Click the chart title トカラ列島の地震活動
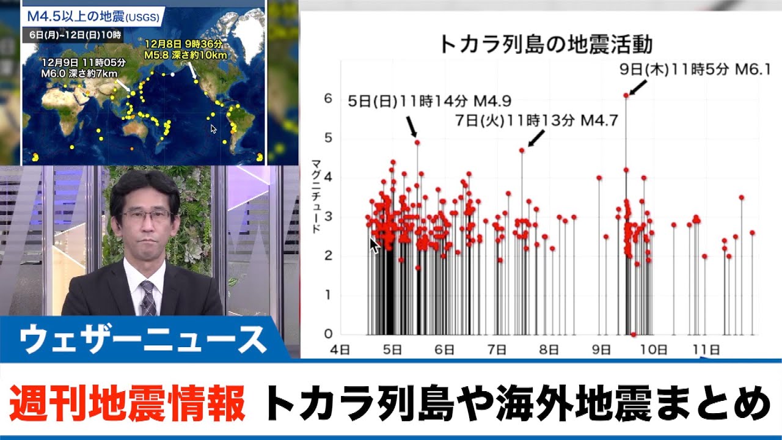pyautogui.click(x=546, y=45)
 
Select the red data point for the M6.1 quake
pyautogui.click(x=626, y=95)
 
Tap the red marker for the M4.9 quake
pyautogui.click(x=417, y=142)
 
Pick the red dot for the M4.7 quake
pyautogui.click(x=522, y=150)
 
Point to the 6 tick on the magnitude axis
pyautogui.click(x=328, y=98)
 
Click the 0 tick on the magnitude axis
pyautogui.click(x=328, y=334)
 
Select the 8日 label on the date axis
pyautogui.click(x=549, y=350)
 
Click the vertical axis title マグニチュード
pyautogui.click(x=316, y=196)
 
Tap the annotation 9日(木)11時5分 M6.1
pyautogui.click(x=695, y=70)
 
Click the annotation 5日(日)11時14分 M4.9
pyautogui.click(x=429, y=101)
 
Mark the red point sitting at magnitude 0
pyautogui.click(x=634, y=334)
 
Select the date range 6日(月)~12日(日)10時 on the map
pyautogui.click(x=75, y=35)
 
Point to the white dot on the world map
pyautogui.click(x=172, y=75)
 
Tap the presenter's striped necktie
pyautogui.click(x=148, y=298)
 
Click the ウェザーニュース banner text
pyautogui.click(x=143, y=339)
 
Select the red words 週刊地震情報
pyautogui.click(x=127, y=403)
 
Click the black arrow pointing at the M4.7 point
pyautogui.click(x=536, y=139)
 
